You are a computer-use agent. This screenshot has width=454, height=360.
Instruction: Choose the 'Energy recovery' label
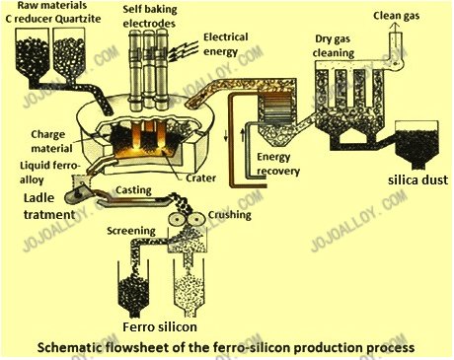tap(284, 163)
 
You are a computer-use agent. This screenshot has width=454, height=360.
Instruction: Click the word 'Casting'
tap(132, 187)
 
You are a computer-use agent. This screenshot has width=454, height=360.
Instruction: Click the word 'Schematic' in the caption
tap(70, 347)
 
